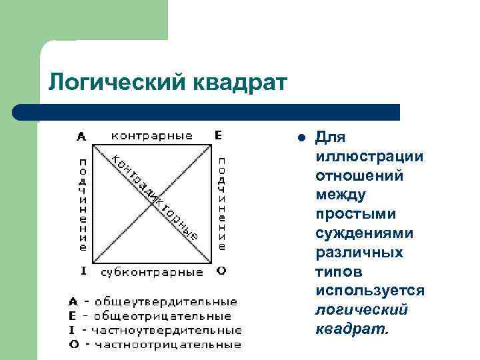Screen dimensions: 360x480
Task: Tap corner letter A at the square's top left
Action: coord(81,136)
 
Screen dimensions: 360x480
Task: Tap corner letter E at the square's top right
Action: coord(219,135)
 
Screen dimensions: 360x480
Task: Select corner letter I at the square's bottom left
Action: coord(83,271)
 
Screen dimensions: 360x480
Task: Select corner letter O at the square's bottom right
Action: coord(221,271)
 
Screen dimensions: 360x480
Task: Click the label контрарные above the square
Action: coord(151,135)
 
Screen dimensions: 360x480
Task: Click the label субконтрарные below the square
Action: coord(152,272)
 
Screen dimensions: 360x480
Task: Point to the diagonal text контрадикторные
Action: coord(153,197)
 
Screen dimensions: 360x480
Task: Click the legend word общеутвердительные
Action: coord(165,302)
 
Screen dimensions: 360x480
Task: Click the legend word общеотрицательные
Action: coord(163,316)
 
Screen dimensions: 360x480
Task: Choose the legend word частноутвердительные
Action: coord(167,330)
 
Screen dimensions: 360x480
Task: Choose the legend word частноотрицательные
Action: coord(168,345)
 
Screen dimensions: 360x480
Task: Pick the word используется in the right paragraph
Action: coord(370,291)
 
